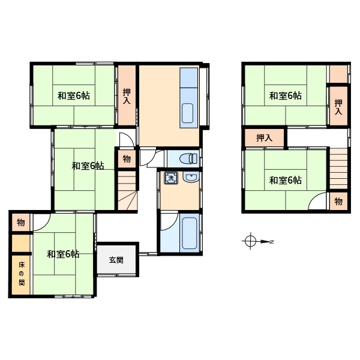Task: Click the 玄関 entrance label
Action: tap(116, 260)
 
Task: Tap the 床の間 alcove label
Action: tap(22, 274)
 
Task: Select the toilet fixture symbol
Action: tap(188, 158)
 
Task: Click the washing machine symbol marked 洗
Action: tap(171, 178)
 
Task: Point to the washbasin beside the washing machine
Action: tap(191, 177)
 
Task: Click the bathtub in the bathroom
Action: tap(190, 233)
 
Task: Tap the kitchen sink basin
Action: tap(187, 113)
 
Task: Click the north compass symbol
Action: tap(257, 241)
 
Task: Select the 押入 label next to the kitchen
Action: tap(127, 96)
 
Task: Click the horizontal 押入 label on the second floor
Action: tap(264, 138)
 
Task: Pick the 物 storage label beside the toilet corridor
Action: tap(127, 158)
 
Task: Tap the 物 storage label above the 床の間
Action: tap(20, 222)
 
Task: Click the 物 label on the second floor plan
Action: tap(338, 202)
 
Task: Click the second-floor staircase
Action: tap(338, 169)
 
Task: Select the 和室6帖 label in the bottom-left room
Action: tap(63, 254)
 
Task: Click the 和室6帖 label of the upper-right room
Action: tap(286, 95)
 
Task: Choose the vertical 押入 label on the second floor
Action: tap(338, 107)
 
